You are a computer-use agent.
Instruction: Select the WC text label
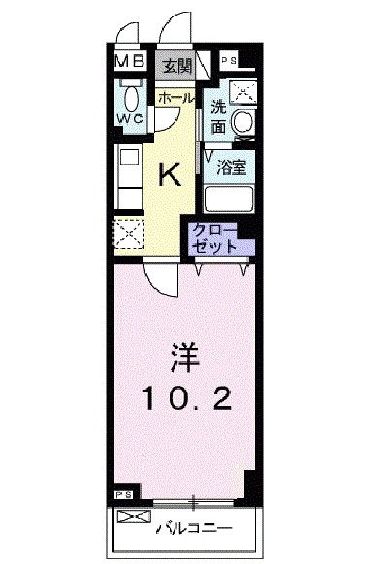click(x=129, y=118)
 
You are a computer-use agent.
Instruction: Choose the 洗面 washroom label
click(x=218, y=117)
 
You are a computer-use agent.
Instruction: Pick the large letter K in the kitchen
click(x=170, y=174)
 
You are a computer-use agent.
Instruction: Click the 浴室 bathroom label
click(x=230, y=166)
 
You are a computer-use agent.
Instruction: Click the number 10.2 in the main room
click(x=187, y=397)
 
